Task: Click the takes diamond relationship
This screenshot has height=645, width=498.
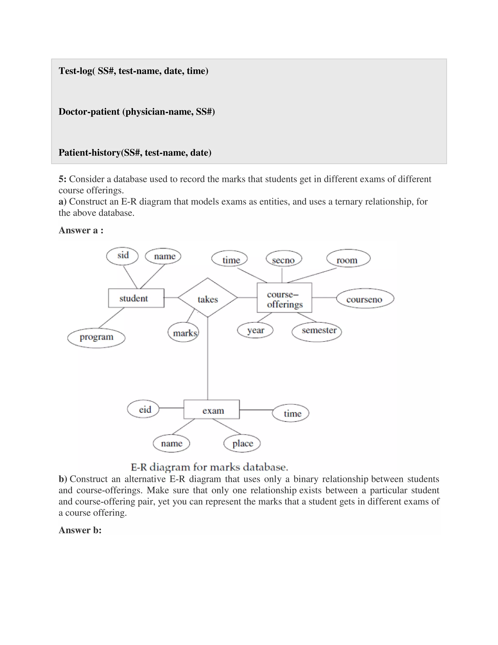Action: (208, 298)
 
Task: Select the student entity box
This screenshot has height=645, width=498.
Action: (136, 298)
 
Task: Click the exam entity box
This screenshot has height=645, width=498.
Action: (212, 409)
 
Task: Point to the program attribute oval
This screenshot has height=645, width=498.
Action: (97, 338)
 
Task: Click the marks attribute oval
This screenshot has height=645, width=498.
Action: (184, 332)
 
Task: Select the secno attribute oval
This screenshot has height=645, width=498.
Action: (284, 259)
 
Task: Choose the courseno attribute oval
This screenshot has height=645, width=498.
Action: (365, 299)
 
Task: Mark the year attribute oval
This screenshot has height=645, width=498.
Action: (255, 330)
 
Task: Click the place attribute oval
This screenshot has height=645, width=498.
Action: (242, 443)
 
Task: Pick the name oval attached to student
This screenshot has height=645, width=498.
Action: (163, 256)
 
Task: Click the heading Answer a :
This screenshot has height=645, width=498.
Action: (81, 230)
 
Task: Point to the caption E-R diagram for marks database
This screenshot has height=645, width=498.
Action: (209, 467)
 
